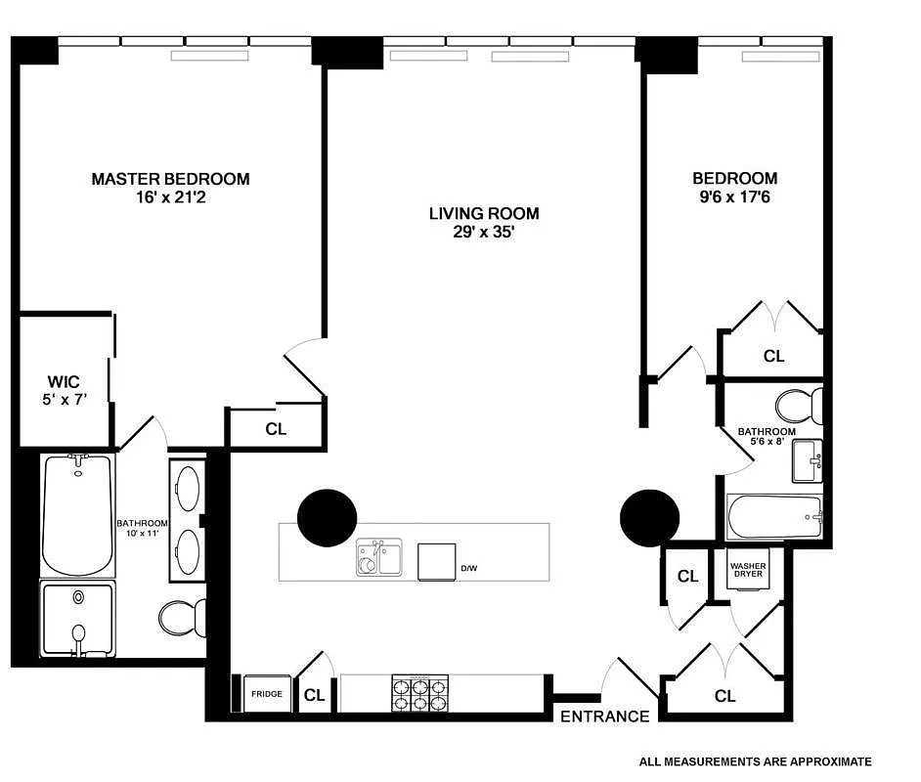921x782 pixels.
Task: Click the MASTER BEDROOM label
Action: pos(170,179)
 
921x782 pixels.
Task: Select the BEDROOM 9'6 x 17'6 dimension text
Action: pos(734,196)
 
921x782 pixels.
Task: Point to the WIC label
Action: pos(63,381)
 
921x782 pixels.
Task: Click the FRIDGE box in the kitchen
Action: pos(266,694)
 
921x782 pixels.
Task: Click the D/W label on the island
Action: pos(470,568)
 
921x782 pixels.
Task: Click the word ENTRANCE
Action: pos(604,717)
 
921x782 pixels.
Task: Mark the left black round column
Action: pos(327,518)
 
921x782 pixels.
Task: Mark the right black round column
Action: pos(650,516)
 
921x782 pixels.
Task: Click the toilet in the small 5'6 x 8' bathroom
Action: pos(799,406)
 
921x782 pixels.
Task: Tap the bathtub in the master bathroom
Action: pos(77,514)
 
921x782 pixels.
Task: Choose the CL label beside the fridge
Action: pos(314,696)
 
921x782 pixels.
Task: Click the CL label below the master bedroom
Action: pos(276,429)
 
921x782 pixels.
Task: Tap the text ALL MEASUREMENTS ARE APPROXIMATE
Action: pos(755,761)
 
